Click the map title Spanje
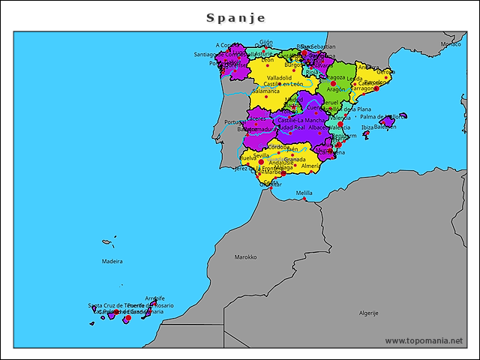pyautogui.click(x=235, y=17)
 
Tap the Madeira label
pyautogui.click(x=112, y=261)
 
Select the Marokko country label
pyautogui.click(x=245, y=256)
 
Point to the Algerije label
pyautogui.click(x=368, y=313)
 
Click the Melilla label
pyautogui.click(x=304, y=193)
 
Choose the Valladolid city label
pyautogui.click(x=279, y=77)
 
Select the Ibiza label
pyautogui.click(x=367, y=127)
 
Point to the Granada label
pyautogui.click(x=295, y=159)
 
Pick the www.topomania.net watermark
pyautogui.click(x=424, y=341)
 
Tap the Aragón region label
pyautogui.click(x=336, y=89)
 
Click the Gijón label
pyautogui.click(x=266, y=42)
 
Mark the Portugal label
pyautogui.click(x=235, y=122)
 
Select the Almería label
pyautogui.click(x=311, y=166)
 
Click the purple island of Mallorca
pyautogui.click(x=388, y=121)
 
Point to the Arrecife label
pyautogui.click(x=154, y=298)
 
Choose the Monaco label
pyautogui.click(x=451, y=44)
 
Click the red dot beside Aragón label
pyautogui.click(x=334, y=83)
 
